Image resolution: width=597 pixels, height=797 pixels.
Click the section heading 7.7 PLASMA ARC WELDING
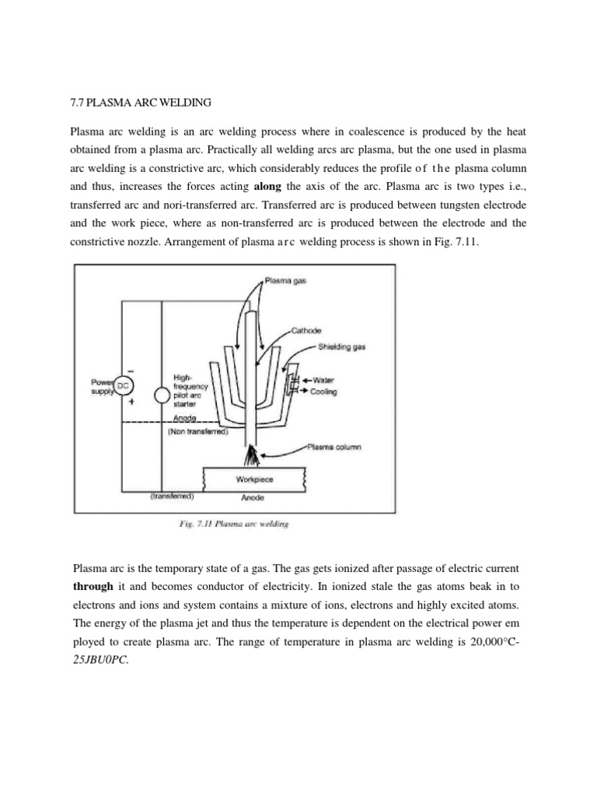coord(135,102)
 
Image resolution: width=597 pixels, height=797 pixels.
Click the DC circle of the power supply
coord(124,385)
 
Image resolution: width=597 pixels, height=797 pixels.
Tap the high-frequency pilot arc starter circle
coord(161,395)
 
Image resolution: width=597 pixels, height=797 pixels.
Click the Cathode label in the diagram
coord(305,330)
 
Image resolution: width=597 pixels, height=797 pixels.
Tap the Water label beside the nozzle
coord(324,380)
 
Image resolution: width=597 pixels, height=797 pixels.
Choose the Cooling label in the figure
coord(324,391)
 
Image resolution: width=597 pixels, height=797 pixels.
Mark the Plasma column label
coord(335,448)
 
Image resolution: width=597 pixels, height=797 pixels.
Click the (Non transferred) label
coord(197,430)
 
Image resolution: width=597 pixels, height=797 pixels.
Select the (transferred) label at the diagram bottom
coord(170,495)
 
